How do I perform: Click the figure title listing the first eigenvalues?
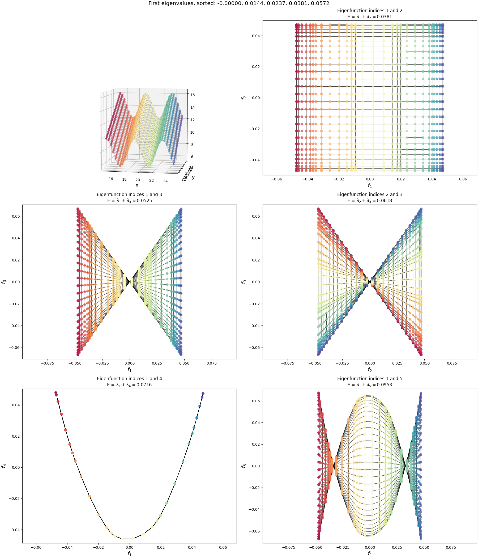click(x=239, y=3)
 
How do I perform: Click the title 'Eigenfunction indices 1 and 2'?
click(x=370, y=11)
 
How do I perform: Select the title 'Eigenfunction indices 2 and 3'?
click(x=370, y=195)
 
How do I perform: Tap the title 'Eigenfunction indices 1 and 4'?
click(x=130, y=379)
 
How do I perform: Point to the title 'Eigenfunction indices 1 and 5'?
click(x=370, y=379)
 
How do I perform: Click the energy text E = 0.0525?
click(x=130, y=201)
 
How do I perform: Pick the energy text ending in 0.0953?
click(x=370, y=385)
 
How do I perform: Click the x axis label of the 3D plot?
click(x=137, y=185)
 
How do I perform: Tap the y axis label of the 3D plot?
click(x=193, y=177)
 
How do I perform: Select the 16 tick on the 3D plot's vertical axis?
click(x=193, y=95)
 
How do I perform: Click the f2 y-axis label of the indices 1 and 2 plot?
click(x=244, y=98)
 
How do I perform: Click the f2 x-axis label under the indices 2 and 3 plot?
click(x=370, y=370)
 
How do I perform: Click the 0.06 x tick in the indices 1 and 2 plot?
click(x=463, y=179)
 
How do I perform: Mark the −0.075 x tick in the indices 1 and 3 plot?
click(x=47, y=363)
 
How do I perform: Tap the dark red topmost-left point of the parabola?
click(x=56, y=393)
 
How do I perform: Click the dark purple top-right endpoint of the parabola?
click(x=203, y=393)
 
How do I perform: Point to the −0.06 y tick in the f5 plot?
click(x=255, y=531)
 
